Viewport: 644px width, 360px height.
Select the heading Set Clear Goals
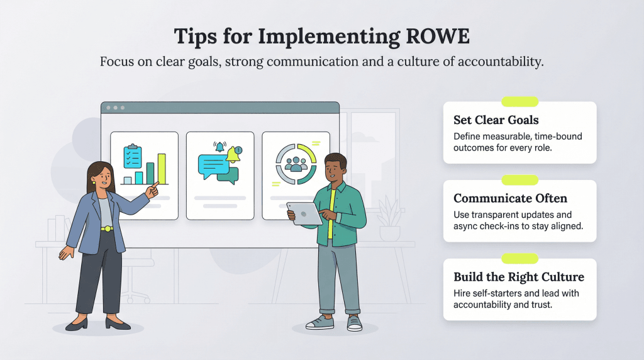496,120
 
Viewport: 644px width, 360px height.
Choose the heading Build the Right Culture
519,277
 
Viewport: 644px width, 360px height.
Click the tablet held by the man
304,212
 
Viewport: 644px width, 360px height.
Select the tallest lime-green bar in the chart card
162,168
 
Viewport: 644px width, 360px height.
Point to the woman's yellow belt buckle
107,228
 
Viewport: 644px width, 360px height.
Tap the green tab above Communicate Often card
519,180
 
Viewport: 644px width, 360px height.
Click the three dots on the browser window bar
115,108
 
